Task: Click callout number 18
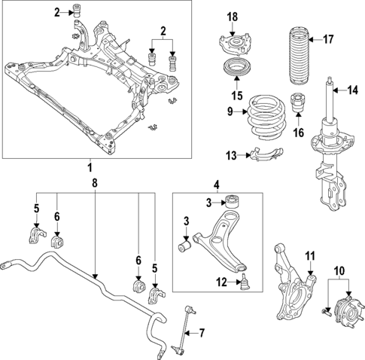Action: (233, 17)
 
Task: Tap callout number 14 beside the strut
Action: (351, 91)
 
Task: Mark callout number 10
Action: (338, 270)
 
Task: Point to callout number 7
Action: (201, 332)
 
